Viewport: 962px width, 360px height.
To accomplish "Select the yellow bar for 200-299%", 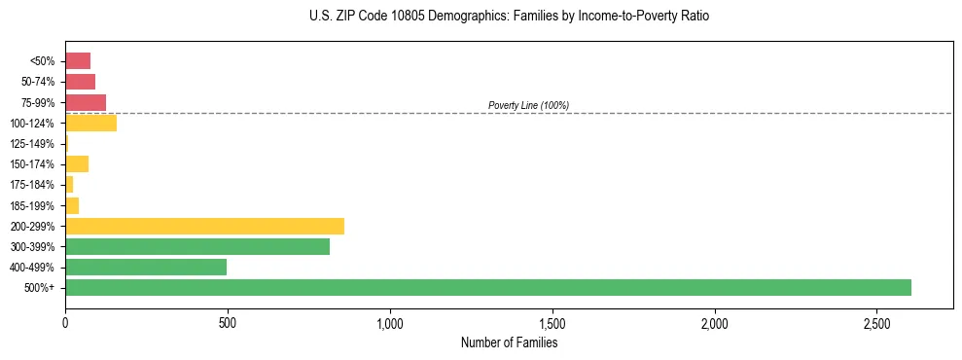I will pos(204,226).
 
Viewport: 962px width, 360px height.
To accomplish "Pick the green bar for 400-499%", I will pos(146,267).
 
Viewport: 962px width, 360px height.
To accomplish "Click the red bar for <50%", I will pos(78,61).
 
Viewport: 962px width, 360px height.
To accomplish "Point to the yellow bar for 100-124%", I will pos(90,123).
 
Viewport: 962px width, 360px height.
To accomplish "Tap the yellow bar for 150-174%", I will pos(77,163).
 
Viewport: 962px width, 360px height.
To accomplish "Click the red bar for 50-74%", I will pos(80,82).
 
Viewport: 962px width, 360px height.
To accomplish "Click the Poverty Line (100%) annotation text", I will pos(528,105).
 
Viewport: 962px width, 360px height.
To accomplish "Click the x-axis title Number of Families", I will pos(509,342).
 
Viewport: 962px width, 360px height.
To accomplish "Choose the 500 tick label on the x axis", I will pos(228,322).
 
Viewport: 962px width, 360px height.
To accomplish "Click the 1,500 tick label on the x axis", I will pos(552,322).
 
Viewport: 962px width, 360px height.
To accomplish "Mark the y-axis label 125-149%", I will pos(32,144).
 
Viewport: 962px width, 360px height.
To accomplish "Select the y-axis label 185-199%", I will pos(32,205).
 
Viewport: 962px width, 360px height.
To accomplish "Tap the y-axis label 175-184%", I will pos(32,185).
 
